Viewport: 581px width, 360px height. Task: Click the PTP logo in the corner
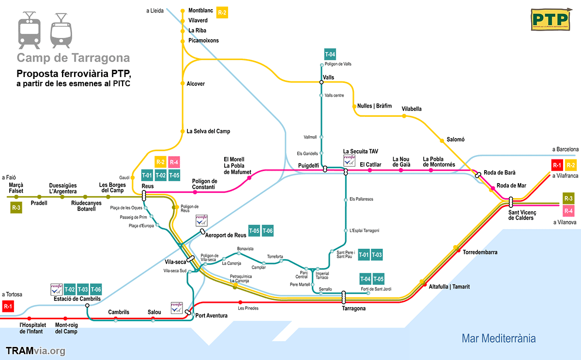(x=550, y=19)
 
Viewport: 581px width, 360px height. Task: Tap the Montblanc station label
(x=201, y=10)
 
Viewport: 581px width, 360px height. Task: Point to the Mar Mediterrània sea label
(x=499, y=338)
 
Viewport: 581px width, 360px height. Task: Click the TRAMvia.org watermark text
(x=35, y=351)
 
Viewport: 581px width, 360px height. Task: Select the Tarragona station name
(x=353, y=308)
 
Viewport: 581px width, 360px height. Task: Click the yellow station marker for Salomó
(x=442, y=141)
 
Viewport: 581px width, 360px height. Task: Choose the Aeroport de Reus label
(x=225, y=235)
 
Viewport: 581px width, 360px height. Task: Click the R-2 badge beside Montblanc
(x=222, y=13)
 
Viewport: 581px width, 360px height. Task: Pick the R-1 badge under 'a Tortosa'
(x=8, y=306)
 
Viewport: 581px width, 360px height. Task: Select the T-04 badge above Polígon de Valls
(x=330, y=54)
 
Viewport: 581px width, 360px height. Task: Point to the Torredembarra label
(x=480, y=252)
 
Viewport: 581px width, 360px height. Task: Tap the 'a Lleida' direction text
(x=154, y=10)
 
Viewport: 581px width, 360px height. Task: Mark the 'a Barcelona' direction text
(x=565, y=149)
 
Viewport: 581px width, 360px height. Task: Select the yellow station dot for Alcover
(x=183, y=84)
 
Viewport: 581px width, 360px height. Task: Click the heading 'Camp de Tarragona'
(x=74, y=58)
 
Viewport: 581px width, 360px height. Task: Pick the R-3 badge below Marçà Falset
(x=16, y=208)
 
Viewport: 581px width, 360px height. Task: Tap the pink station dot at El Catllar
(x=370, y=171)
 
